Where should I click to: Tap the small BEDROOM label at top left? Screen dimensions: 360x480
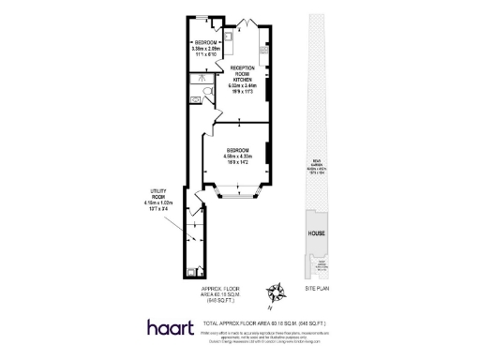click(205, 43)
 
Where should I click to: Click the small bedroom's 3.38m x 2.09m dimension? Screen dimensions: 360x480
click(205, 49)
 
